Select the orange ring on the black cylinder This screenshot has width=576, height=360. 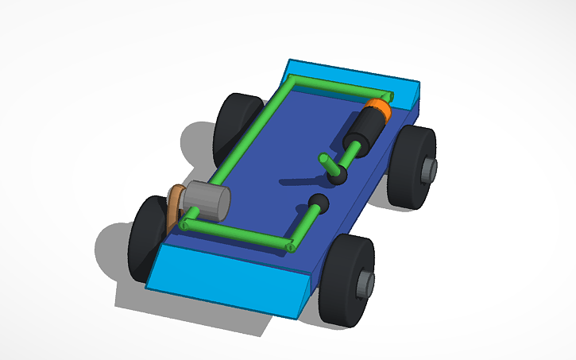pyautogui.click(x=380, y=110)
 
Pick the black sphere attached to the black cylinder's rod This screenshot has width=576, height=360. pyautogui.click(x=339, y=175)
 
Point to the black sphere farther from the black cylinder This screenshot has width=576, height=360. pyautogui.click(x=318, y=203)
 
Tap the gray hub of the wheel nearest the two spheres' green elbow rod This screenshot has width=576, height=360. pyautogui.click(x=365, y=283)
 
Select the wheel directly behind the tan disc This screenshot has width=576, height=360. pyautogui.click(x=147, y=238)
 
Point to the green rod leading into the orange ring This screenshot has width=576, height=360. pyautogui.click(x=334, y=89)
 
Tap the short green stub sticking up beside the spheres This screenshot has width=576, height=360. pyautogui.click(x=327, y=163)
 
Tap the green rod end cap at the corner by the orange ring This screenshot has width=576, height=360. pyautogui.click(x=291, y=79)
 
